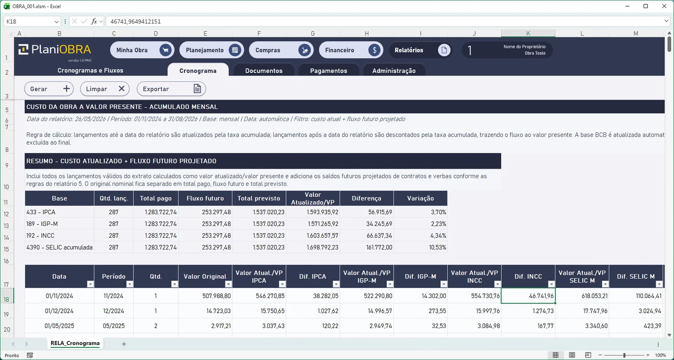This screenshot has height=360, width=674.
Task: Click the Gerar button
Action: point(49,89)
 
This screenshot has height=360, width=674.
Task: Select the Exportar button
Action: point(171,89)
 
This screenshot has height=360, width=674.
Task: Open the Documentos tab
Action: point(264,70)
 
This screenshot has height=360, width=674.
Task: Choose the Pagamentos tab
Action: point(329,70)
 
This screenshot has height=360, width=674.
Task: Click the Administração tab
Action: point(394,70)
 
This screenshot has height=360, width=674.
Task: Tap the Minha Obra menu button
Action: point(142,50)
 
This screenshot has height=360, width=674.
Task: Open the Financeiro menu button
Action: point(351,50)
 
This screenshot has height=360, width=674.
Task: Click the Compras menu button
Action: point(281,50)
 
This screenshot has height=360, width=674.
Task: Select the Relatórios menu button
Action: point(420,50)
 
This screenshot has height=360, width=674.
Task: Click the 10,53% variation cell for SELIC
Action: point(420,247)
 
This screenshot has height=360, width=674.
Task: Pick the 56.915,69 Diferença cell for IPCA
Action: point(366,212)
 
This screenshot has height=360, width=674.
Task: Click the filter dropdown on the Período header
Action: point(129,284)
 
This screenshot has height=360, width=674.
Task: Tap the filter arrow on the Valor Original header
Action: point(228,284)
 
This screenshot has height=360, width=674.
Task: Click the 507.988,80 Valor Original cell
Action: point(205,296)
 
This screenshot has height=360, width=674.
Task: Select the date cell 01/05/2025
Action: point(59,326)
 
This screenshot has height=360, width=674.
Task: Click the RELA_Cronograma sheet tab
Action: point(75,344)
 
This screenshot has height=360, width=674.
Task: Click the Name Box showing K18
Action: point(32,21)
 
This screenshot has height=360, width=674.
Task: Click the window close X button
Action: point(664,6)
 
